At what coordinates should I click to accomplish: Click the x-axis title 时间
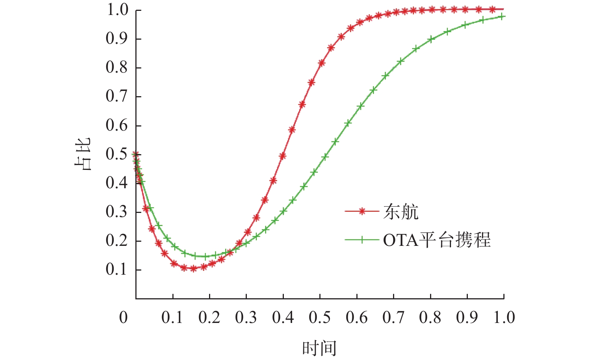(x=319, y=348)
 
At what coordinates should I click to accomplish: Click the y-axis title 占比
(x=82, y=154)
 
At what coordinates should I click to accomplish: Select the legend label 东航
(x=401, y=212)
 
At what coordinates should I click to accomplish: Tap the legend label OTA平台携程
(x=436, y=240)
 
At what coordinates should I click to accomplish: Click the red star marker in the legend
(x=362, y=211)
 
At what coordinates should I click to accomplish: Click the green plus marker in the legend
(x=362, y=240)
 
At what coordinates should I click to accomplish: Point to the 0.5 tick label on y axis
(x=116, y=154)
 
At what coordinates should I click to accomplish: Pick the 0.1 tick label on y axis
(x=116, y=269)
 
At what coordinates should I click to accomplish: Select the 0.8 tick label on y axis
(x=116, y=67)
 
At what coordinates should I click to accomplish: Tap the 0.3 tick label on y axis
(x=116, y=211)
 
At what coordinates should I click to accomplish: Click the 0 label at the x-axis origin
(x=123, y=317)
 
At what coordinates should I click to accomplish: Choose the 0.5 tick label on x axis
(x=320, y=317)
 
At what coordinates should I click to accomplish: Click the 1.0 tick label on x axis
(x=504, y=317)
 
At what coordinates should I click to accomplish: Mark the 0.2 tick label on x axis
(x=209, y=317)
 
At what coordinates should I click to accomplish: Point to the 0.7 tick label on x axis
(x=393, y=317)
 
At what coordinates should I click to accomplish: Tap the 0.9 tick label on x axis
(x=467, y=317)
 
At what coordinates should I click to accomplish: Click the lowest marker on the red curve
(x=193, y=268)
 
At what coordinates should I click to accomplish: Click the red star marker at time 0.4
(x=283, y=156)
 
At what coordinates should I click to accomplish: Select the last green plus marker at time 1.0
(x=502, y=16)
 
